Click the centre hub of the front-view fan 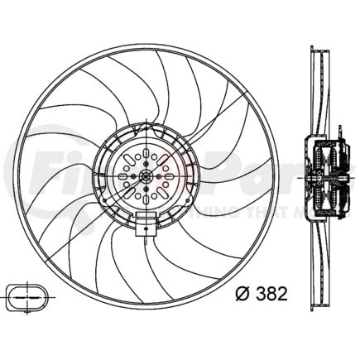coord(145,175)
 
